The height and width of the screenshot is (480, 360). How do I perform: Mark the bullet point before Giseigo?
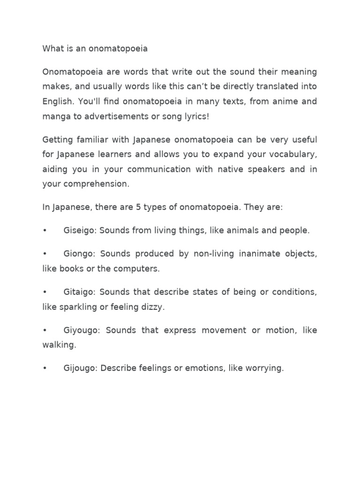pos(45,231)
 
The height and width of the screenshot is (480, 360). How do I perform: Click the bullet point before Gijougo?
pos(45,368)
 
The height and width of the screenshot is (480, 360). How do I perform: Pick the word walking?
pos(59,345)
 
